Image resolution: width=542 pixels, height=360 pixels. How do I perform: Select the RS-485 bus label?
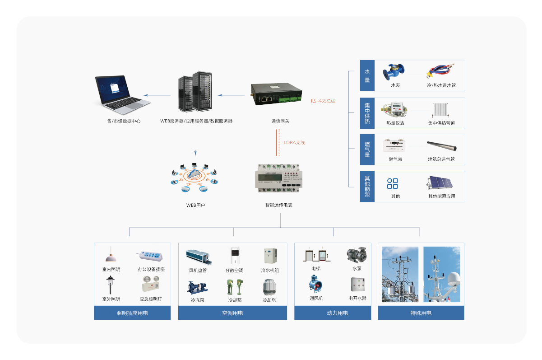[x=323, y=101]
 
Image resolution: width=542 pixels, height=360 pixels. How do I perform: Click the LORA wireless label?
[x=294, y=143]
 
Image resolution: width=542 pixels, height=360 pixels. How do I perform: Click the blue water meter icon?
[x=393, y=72]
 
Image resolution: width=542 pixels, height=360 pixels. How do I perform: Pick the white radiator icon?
[x=440, y=110]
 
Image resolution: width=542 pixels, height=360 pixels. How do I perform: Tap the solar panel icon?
[x=440, y=183]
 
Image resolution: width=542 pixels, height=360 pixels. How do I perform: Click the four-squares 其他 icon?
[x=393, y=183]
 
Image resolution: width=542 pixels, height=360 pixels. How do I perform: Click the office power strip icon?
[x=151, y=256]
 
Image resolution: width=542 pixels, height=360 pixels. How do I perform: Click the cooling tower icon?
[x=270, y=286]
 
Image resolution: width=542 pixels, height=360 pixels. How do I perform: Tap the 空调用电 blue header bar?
[x=232, y=313]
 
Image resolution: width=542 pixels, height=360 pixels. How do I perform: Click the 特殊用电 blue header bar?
[x=421, y=313]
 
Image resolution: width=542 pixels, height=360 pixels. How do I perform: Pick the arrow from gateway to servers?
[x=231, y=95]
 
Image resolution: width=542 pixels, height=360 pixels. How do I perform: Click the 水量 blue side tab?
[x=367, y=76]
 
